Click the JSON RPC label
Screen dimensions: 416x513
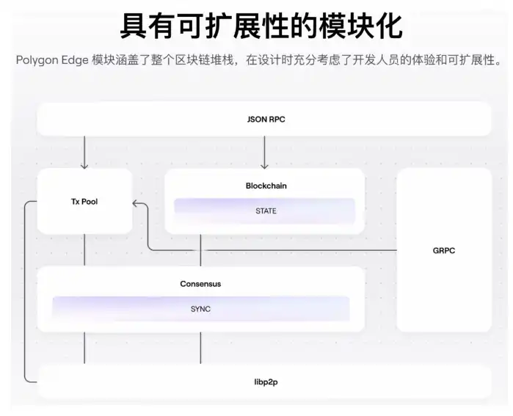coord(266,119)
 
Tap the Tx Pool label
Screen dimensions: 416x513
coord(84,200)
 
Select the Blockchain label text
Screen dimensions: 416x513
coord(266,186)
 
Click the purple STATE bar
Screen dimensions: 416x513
coord(265,211)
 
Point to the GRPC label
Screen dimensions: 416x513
coord(444,250)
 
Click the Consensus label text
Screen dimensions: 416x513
coord(200,284)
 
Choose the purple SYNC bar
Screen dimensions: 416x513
coord(200,309)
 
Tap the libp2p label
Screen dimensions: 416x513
coord(265,382)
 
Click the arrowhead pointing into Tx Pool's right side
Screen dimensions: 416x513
coord(137,202)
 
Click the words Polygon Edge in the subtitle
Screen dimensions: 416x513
coord(52,59)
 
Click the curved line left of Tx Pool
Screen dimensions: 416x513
coord(26,293)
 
